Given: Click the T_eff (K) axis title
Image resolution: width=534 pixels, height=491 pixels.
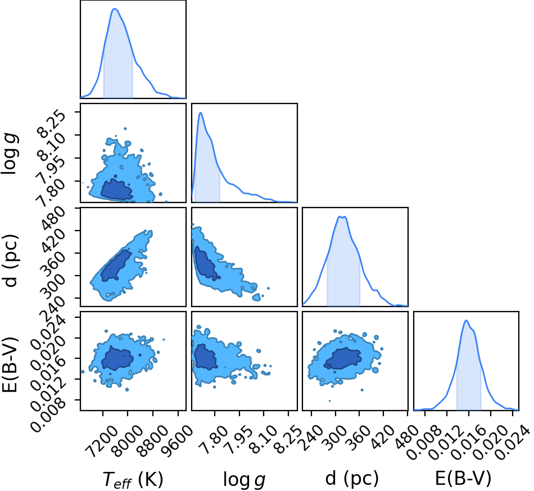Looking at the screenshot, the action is pos(133,479).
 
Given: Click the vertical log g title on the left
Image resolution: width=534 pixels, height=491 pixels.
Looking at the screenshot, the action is pos(10,154).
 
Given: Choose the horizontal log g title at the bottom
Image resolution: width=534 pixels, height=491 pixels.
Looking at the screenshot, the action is pos(244,479).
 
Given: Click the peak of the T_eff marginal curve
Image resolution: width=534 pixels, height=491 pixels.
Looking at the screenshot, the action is pos(115,8).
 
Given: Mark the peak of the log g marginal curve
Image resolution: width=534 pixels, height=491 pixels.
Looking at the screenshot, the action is pos(201,112).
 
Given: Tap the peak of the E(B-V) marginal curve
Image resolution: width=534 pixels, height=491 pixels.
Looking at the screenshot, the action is pos(466,320).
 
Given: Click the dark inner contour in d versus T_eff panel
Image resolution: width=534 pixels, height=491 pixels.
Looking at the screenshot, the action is pos(116,266).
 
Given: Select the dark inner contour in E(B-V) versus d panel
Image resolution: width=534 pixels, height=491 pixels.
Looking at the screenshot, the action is pos(342,359).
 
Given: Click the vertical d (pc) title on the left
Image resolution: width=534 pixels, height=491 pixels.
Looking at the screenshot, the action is pos(10,260).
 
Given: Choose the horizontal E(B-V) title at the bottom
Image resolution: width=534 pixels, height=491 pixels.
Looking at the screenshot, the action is pos(463,479).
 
